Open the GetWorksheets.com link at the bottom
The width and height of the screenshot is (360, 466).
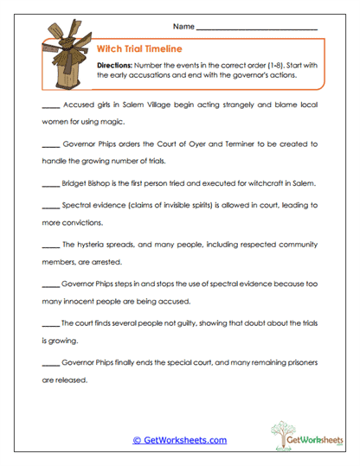click(x=179, y=440)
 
